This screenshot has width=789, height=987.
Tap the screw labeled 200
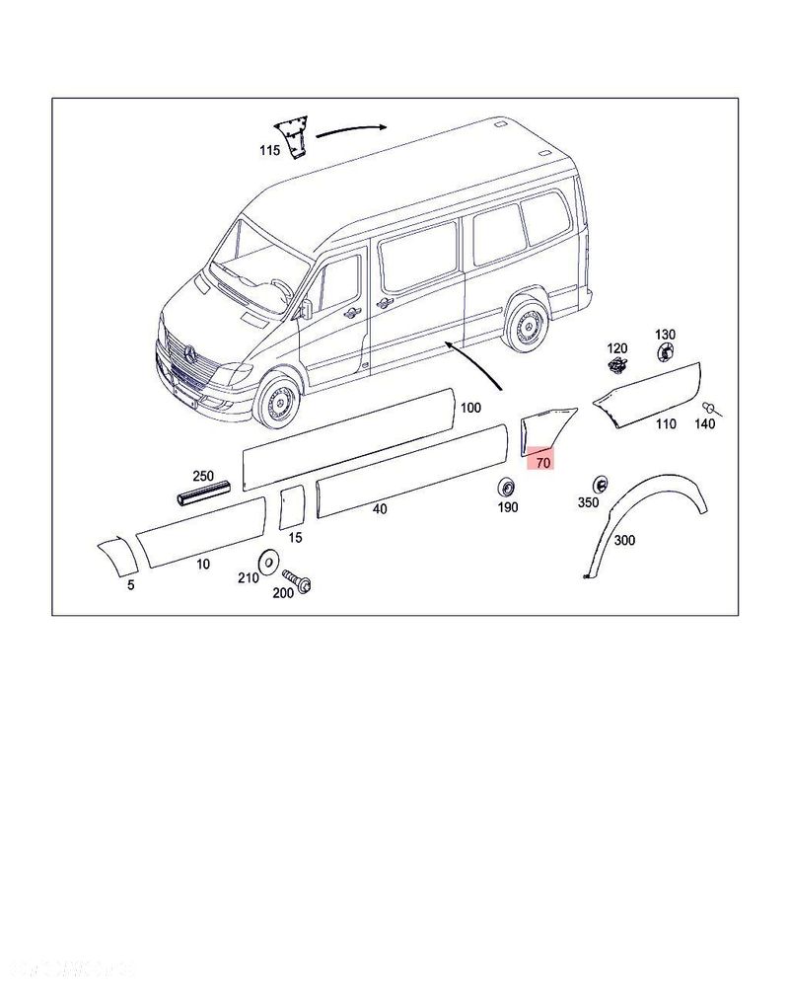[x=296, y=580]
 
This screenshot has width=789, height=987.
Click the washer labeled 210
[x=267, y=561]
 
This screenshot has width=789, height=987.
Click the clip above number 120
[x=617, y=368]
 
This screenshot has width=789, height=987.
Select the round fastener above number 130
[x=666, y=351]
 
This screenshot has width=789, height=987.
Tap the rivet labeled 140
[x=709, y=407]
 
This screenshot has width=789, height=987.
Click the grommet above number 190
[x=507, y=488]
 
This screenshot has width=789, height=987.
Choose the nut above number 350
[x=598, y=484]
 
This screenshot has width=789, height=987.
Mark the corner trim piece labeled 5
[x=114, y=556]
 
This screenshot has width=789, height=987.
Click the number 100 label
[x=470, y=408]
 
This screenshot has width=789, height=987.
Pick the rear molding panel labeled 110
[x=646, y=394]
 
